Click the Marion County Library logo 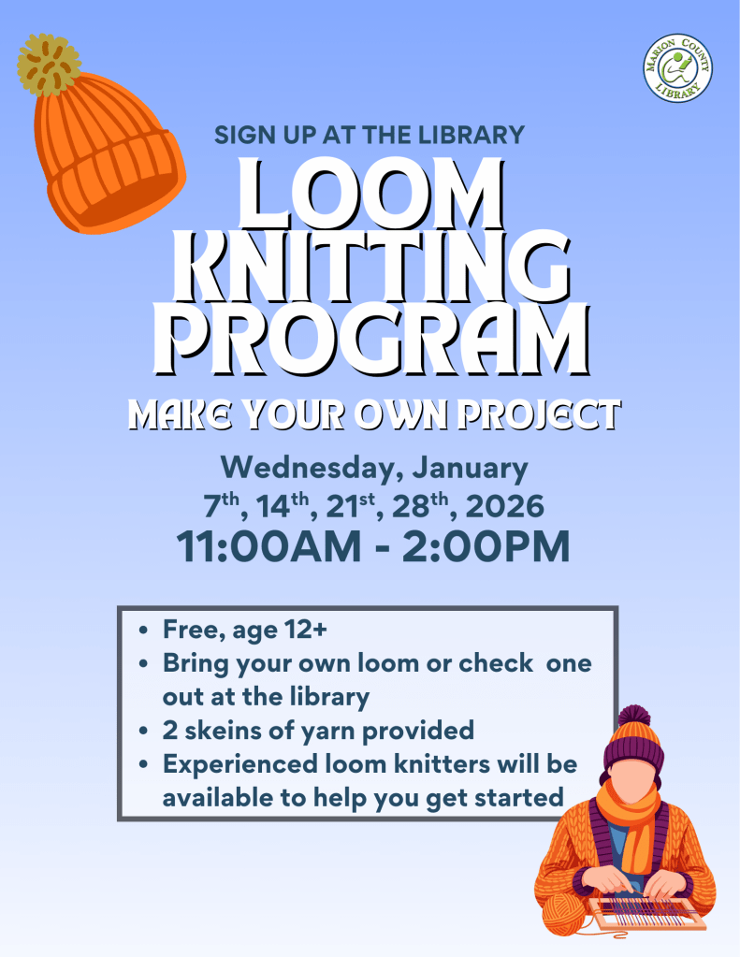[x=677, y=67]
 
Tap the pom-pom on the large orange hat [x=49, y=65]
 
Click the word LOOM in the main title [x=371, y=194]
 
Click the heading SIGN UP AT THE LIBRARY [x=370, y=135]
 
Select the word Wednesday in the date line [x=311, y=469]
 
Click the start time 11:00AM [x=269, y=546]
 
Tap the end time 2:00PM [x=486, y=546]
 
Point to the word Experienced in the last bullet [x=239, y=765]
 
